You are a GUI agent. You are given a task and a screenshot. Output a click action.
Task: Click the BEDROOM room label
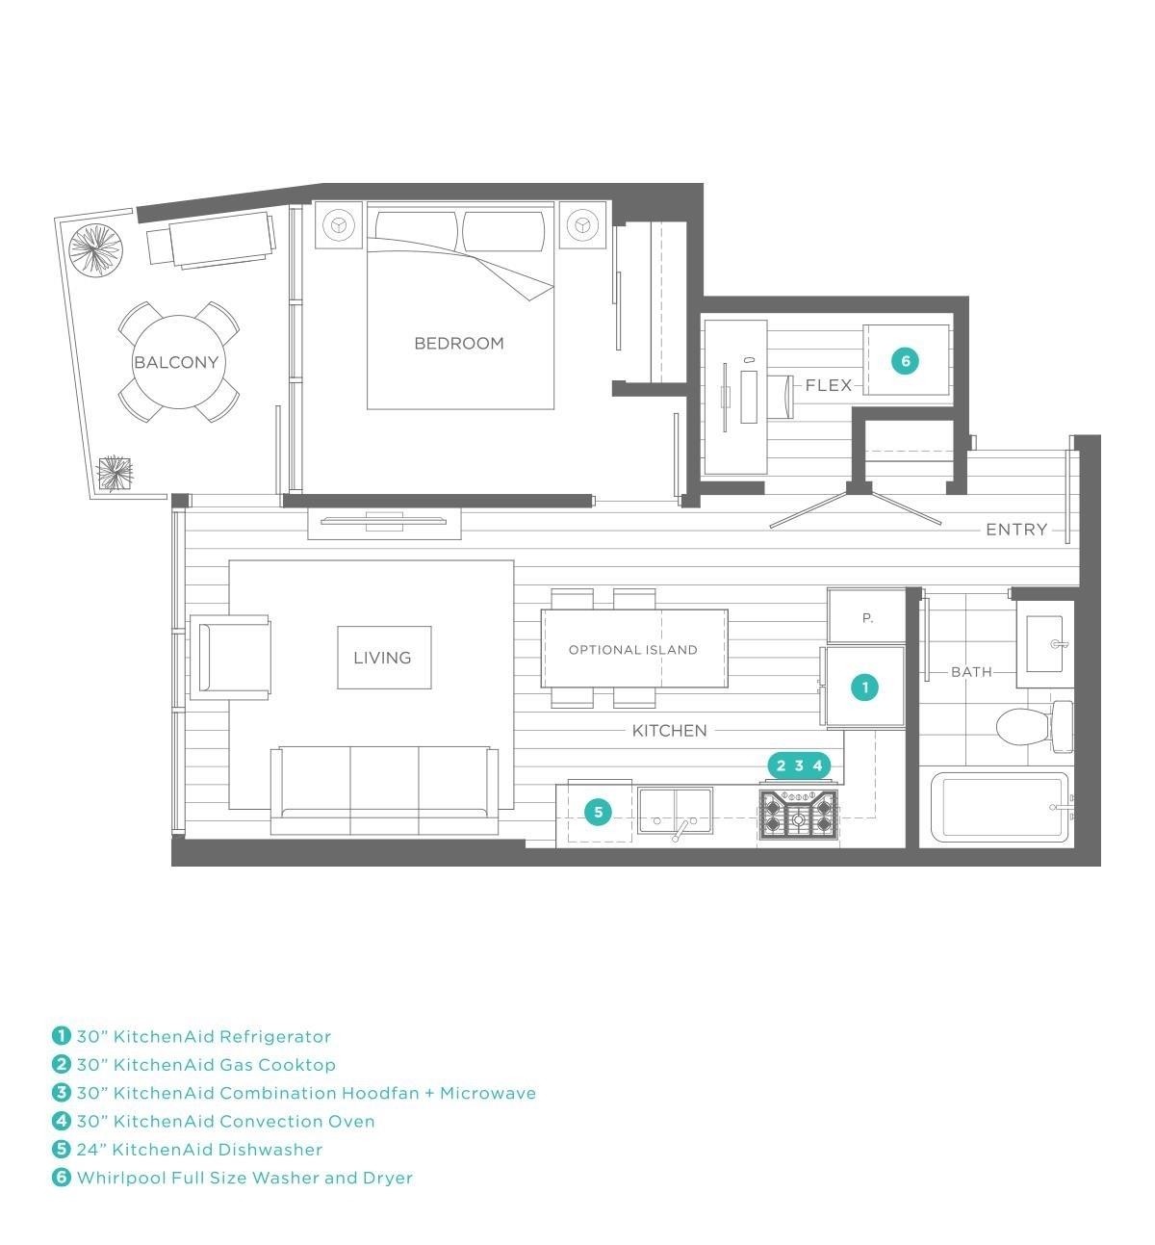pyautogui.click(x=459, y=344)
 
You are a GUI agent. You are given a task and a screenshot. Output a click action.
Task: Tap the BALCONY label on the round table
pyautogui.click(x=176, y=362)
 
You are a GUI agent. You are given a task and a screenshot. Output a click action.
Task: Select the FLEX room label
pyautogui.click(x=829, y=385)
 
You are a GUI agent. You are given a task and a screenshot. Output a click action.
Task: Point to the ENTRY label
pyautogui.click(x=1016, y=530)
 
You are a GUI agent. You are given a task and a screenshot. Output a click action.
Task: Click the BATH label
pyautogui.click(x=971, y=672)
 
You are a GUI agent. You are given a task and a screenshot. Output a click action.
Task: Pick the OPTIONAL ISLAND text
pyautogui.click(x=633, y=650)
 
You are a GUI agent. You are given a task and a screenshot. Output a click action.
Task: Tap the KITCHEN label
pyautogui.click(x=669, y=730)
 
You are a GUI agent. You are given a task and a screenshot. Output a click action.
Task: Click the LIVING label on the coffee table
pyautogui.click(x=382, y=658)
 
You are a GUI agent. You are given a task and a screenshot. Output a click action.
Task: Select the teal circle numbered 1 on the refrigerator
pyautogui.click(x=865, y=687)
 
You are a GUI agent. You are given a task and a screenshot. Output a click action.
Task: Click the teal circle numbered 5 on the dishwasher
pyautogui.click(x=599, y=813)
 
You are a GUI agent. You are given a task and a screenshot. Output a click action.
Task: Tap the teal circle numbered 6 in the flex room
pyautogui.click(x=905, y=360)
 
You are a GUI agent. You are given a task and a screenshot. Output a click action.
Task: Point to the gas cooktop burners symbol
pyautogui.click(x=799, y=815)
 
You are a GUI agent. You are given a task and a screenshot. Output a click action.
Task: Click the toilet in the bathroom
pyautogui.click(x=1034, y=727)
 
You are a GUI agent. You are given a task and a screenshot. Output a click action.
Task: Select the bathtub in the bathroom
pyautogui.click(x=1000, y=808)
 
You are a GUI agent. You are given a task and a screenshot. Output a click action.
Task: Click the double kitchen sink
pyautogui.click(x=675, y=811)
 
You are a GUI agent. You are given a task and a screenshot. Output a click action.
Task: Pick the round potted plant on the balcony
pyautogui.click(x=95, y=248)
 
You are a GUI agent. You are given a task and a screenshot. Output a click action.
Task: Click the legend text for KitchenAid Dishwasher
pyautogui.click(x=199, y=1149)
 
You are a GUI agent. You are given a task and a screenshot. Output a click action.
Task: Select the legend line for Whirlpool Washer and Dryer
pyautogui.click(x=233, y=1178)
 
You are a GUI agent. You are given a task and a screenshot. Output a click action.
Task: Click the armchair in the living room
pyautogui.click(x=230, y=657)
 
